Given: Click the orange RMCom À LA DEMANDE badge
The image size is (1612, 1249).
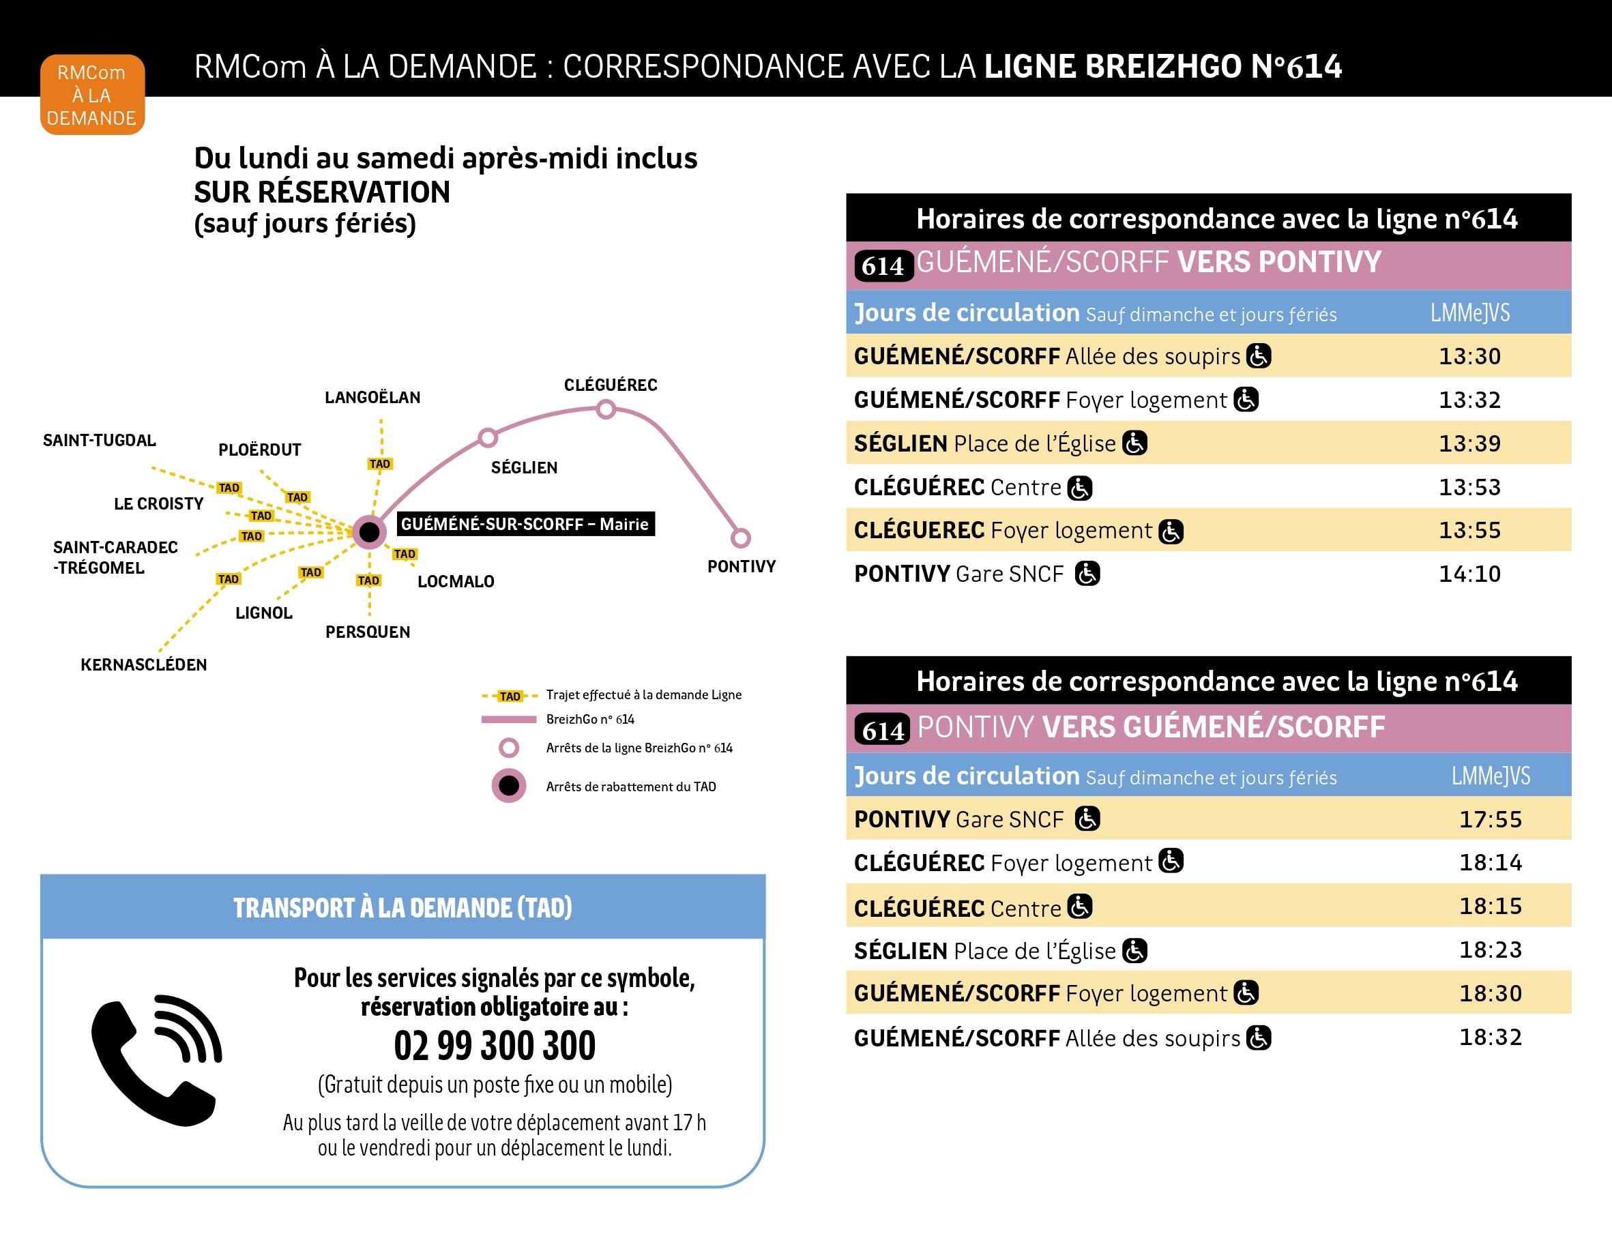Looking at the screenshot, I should coord(92,95).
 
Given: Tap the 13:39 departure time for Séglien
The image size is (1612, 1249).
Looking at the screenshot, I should coord(1469,443).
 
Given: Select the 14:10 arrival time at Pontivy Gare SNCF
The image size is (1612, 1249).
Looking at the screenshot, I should coord(1469,574).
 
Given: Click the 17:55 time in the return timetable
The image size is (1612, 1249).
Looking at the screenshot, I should coord(1489,819).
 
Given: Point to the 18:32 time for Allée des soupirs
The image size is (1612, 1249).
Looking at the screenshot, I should coord(1489,1036).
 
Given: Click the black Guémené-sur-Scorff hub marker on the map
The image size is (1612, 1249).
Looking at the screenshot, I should coord(369,531).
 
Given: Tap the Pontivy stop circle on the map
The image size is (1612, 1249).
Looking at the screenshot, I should coord(740,538).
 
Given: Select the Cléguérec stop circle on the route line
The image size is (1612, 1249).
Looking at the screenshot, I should coord(606,409).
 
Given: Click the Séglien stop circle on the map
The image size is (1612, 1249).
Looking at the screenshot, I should coord(488,438).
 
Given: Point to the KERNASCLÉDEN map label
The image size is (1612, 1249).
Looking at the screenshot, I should coord(144,664).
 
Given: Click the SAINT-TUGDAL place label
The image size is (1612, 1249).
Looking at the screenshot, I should coord(100,441).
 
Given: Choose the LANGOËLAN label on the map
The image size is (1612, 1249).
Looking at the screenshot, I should coord(372,398).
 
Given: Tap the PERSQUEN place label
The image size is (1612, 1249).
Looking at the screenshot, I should coord(368,632).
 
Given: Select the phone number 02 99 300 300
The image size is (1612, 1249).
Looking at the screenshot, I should coord(495,1045).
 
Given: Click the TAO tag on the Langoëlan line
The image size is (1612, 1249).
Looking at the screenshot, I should coord(380,464).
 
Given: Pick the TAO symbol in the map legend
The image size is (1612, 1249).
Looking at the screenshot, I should coord(510,696).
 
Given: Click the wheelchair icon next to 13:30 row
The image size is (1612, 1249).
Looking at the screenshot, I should coord(1259,356).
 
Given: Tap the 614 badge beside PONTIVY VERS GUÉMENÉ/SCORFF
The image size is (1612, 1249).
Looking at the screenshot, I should coord(883,730).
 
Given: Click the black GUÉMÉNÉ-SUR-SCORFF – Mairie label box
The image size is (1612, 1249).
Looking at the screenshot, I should coord(525,524).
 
